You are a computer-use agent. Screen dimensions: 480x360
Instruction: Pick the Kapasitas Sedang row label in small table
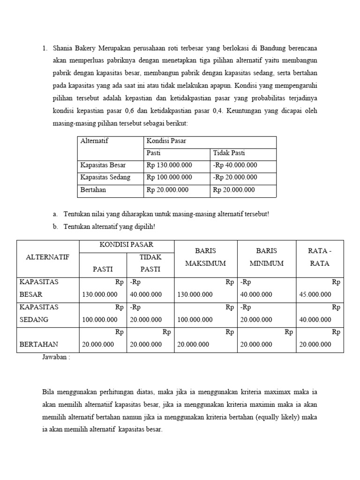[105, 177]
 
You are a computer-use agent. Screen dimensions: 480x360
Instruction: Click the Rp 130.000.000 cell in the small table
[169, 165]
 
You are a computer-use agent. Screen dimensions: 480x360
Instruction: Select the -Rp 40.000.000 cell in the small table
[235, 165]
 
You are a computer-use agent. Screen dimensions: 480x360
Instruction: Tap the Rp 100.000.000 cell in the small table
[169, 177]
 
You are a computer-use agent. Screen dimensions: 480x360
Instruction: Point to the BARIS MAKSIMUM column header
[205, 257]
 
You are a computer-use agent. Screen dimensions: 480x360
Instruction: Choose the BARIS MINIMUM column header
[266, 257]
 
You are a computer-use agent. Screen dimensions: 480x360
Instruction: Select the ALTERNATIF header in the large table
[48, 257]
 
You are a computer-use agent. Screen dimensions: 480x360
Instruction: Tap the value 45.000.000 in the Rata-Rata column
[315, 295]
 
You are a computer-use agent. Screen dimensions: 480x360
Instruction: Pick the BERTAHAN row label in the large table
[37, 344]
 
